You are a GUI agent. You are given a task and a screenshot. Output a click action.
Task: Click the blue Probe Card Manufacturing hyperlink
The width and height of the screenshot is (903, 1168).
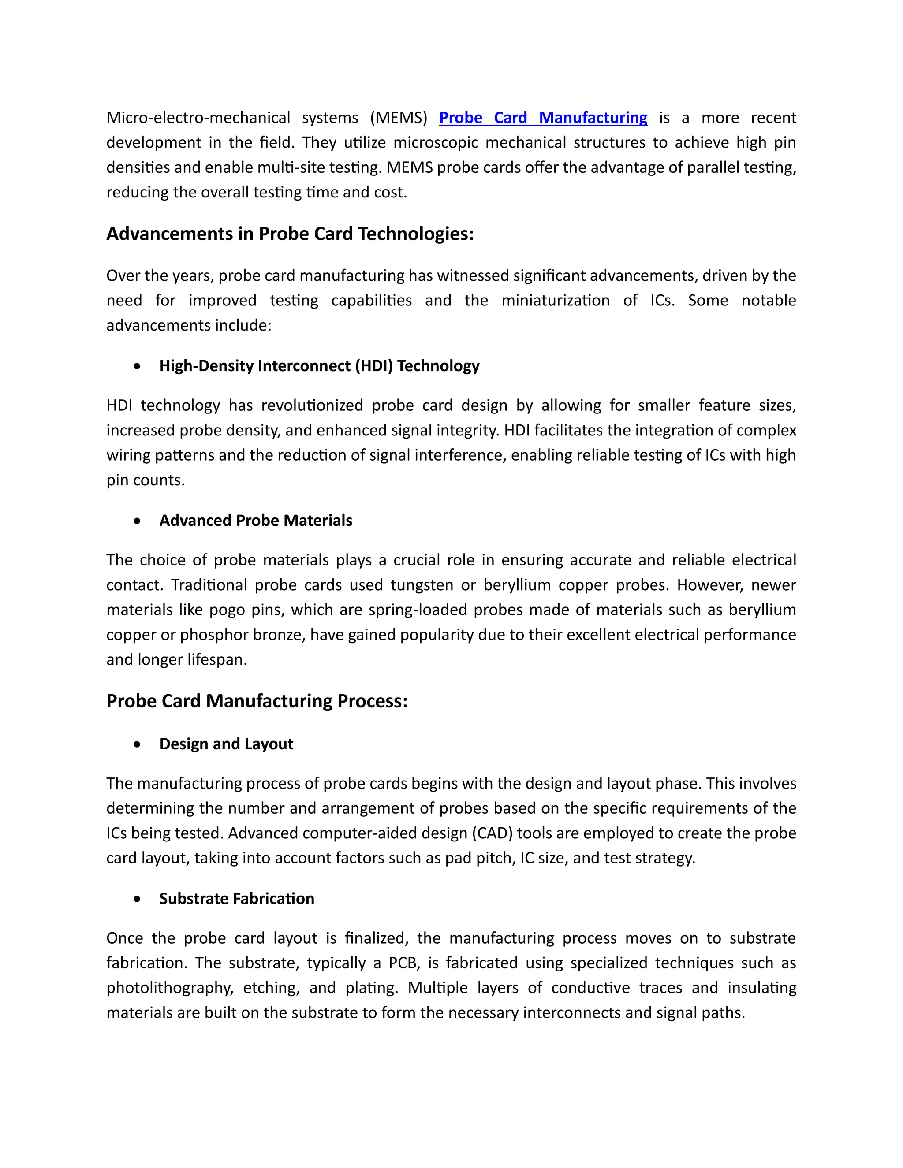point(542,118)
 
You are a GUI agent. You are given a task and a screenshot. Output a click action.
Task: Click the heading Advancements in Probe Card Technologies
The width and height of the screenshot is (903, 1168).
point(290,234)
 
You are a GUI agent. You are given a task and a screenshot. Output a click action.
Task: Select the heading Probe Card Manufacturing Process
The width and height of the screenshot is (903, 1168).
point(257,701)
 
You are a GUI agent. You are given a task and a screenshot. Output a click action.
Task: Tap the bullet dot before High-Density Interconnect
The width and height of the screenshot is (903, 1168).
point(138,366)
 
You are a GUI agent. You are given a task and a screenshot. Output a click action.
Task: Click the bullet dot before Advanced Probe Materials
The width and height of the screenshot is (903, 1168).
point(138,521)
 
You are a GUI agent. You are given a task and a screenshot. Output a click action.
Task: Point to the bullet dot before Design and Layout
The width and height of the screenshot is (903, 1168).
point(138,744)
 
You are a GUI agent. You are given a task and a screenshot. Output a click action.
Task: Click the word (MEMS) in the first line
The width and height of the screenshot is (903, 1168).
point(399,118)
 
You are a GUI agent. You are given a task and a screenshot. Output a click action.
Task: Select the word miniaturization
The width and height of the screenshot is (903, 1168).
point(555,301)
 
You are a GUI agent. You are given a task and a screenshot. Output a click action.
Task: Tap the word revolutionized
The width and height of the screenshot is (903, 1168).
point(313,405)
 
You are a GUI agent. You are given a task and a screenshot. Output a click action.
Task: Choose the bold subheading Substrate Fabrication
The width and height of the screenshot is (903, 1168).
point(236,898)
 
